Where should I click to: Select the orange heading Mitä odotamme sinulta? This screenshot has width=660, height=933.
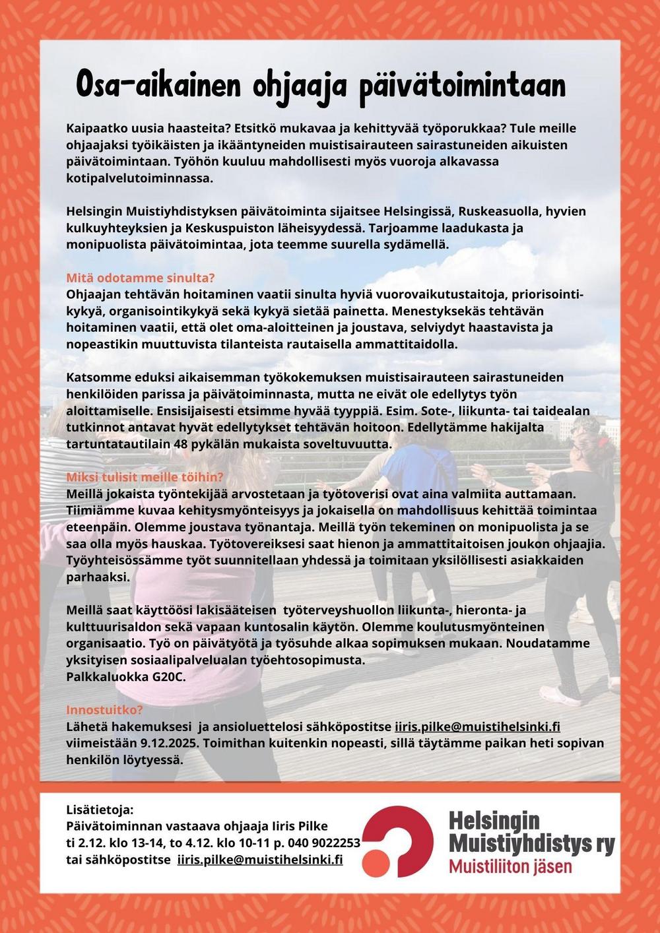pos(141,277)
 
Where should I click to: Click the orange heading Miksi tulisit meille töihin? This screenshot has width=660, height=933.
pos(145,477)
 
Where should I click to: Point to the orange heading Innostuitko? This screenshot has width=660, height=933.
pos(104,710)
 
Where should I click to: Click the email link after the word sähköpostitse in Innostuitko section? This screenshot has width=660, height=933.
pos(477,726)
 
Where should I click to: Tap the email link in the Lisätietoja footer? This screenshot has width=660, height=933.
pos(260,859)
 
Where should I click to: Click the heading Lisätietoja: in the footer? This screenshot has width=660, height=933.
pos(100,809)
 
